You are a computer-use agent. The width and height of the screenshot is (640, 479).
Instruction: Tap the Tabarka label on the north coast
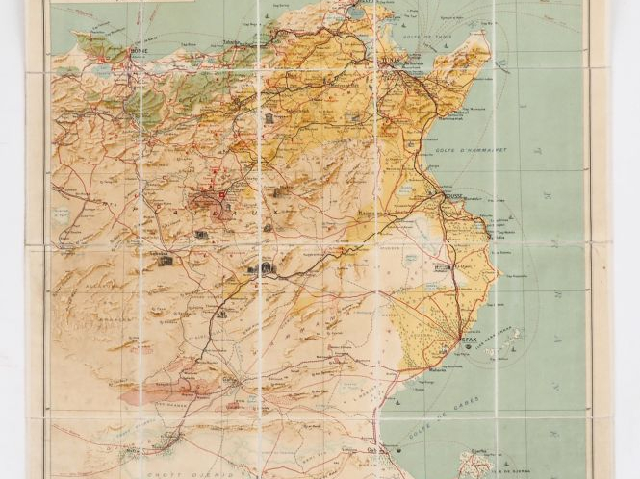pyautogui.click(x=239, y=42)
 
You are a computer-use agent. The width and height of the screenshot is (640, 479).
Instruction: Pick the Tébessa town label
pyautogui.click(x=144, y=253)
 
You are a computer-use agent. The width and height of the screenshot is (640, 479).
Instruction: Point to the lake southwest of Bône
pyautogui.click(x=102, y=69)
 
